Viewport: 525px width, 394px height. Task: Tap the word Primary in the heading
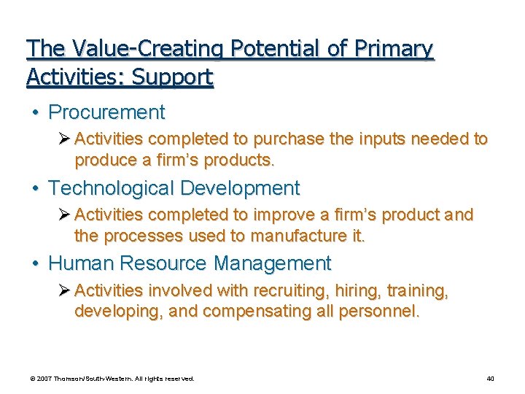coord(393,49)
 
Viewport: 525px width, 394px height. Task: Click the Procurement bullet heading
coord(106,112)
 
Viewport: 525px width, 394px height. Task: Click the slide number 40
coord(490,379)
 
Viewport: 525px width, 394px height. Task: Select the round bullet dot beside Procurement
coord(34,113)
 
